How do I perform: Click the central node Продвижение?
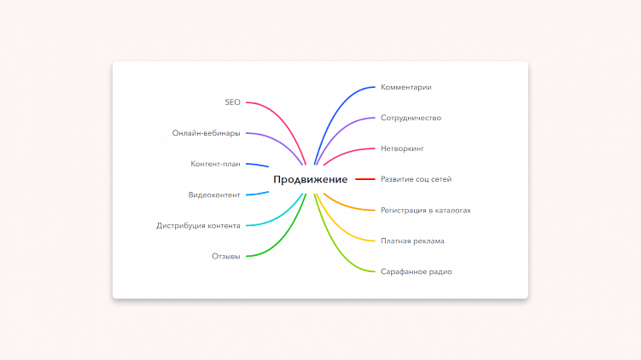(x=311, y=179)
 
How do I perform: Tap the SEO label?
(x=233, y=102)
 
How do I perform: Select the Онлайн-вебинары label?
(x=206, y=133)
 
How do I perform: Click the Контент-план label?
(x=215, y=164)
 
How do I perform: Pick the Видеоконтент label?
(x=214, y=195)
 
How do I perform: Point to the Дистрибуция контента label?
(x=198, y=225)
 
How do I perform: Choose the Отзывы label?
(x=225, y=256)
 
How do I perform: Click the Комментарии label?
(x=406, y=87)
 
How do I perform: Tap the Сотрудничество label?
(x=411, y=118)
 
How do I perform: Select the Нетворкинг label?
(x=402, y=148)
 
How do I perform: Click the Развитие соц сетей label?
(x=417, y=179)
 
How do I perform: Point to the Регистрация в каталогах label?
(x=426, y=210)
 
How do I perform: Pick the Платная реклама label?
(x=412, y=241)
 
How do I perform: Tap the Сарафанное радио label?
(x=417, y=272)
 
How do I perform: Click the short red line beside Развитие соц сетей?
(x=365, y=179)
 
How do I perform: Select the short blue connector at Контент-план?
(x=257, y=165)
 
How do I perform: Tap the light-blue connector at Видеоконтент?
(x=257, y=195)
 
